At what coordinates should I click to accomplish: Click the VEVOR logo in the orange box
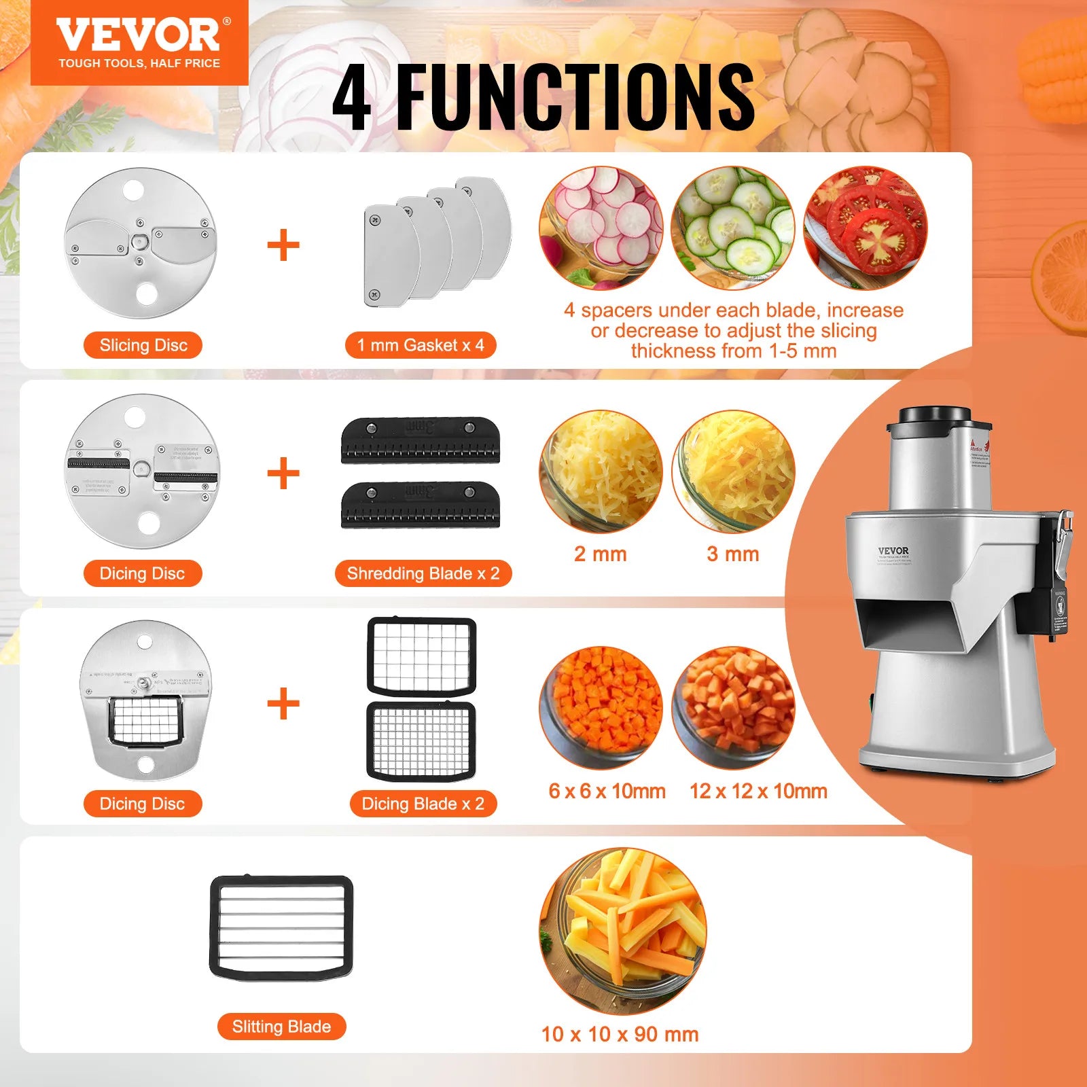139,36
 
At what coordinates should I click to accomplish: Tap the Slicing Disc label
143,345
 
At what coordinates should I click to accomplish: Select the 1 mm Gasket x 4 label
421,345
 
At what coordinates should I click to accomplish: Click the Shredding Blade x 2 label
423,573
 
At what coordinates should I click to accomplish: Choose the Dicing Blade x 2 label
423,804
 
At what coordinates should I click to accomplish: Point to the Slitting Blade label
281,1027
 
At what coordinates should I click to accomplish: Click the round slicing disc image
140,243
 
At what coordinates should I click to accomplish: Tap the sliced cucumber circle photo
732,228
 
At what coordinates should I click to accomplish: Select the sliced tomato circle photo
865,228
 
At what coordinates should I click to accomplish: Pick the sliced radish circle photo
601,228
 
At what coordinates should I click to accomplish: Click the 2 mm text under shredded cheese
600,554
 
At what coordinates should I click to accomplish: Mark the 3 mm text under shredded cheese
732,554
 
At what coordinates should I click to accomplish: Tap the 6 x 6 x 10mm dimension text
607,791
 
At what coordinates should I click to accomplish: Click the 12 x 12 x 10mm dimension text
758,791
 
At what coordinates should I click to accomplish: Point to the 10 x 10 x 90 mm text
620,1034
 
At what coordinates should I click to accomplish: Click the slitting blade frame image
281,927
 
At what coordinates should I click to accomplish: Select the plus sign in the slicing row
283,245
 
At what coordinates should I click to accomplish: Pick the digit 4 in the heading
353,97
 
